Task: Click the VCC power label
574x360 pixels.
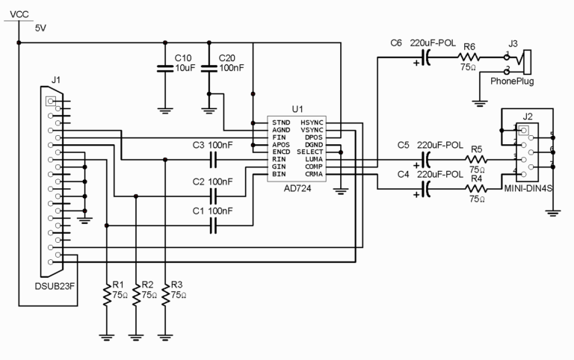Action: (x=19, y=15)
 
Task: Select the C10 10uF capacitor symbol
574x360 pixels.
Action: (x=165, y=69)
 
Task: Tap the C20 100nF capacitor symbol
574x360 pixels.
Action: (x=209, y=69)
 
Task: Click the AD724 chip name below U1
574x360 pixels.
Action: (x=297, y=189)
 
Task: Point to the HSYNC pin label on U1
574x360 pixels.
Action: (x=312, y=122)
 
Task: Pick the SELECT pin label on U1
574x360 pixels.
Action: (x=310, y=152)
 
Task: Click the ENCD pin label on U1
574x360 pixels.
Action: (x=281, y=152)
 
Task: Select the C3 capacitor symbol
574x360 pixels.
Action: (x=214, y=160)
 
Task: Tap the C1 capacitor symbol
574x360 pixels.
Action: (x=214, y=226)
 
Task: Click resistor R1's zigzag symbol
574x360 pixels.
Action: (x=107, y=295)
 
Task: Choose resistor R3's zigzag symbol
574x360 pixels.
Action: (x=165, y=295)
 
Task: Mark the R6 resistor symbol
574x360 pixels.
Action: (x=469, y=58)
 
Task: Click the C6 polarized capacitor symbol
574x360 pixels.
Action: (x=425, y=58)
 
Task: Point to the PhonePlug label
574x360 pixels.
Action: (x=512, y=81)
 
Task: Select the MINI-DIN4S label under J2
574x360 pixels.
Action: (x=528, y=188)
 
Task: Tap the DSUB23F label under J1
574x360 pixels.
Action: (x=55, y=286)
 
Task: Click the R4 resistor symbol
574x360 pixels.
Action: (x=476, y=189)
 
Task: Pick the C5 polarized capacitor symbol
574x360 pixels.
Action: (x=425, y=160)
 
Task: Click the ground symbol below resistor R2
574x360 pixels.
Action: (x=136, y=337)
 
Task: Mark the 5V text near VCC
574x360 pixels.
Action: (x=40, y=28)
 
